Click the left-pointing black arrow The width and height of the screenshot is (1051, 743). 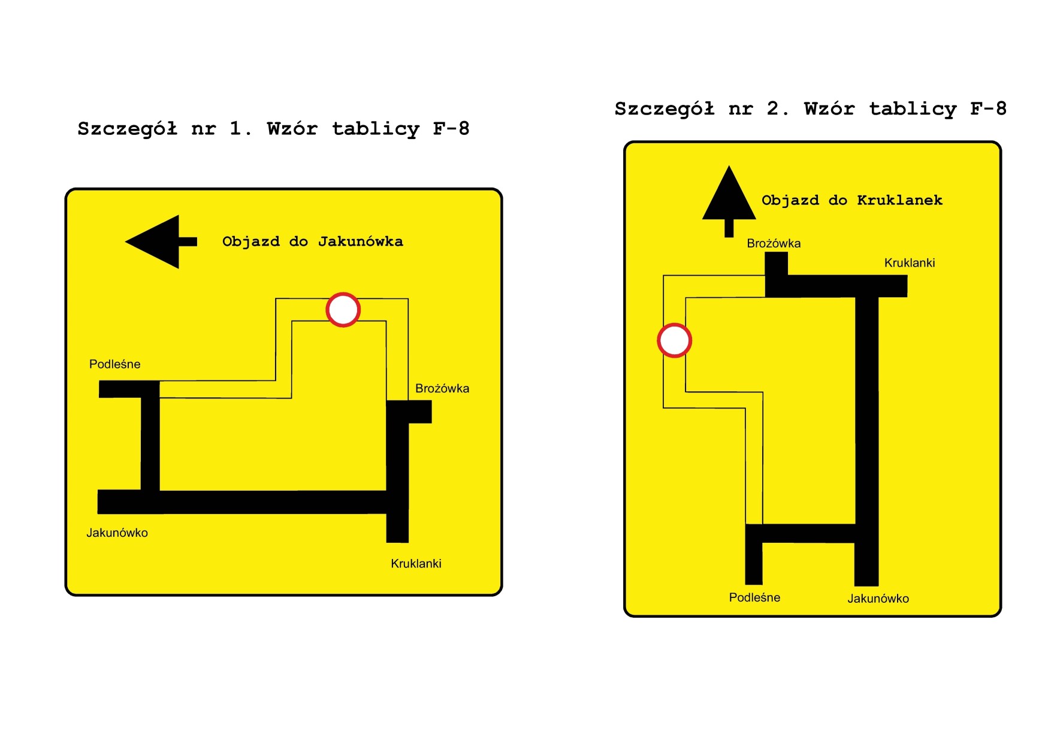pyautogui.click(x=157, y=241)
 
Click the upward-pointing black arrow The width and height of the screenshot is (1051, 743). pyautogui.click(x=729, y=198)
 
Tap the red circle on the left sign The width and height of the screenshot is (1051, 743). pyautogui.click(x=343, y=310)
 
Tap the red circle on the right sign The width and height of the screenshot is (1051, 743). pyautogui.click(x=674, y=340)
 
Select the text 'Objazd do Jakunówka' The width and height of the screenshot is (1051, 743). pyautogui.click(x=312, y=241)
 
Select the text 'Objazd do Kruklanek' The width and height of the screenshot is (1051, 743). pyautogui.click(x=851, y=200)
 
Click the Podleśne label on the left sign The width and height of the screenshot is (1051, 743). pyautogui.click(x=114, y=364)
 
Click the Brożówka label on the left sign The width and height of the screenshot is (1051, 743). pyautogui.click(x=442, y=388)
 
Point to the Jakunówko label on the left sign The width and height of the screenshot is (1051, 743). pyautogui.click(x=117, y=533)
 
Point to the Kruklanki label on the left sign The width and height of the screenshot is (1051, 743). pyautogui.click(x=416, y=563)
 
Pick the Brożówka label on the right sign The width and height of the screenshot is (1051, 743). pyautogui.click(x=774, y=243)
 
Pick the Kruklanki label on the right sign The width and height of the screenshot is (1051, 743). pyautogui.click(x=910, y=262)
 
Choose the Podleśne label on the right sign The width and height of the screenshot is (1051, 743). pyautogui.click(x=754, y=597)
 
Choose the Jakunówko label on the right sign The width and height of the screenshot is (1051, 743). pyautogui.click(x=878, y=598)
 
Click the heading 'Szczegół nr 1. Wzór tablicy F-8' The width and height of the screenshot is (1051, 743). pyautogui.click(x=273, y=129)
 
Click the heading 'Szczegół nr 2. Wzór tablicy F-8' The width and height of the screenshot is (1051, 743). pyautogui.click(x=810, y=109)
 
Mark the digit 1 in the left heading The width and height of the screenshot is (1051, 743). pyautogui.click(x=235, y=128)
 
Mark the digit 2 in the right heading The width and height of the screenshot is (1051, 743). pyautogui.click(x=773, y=108)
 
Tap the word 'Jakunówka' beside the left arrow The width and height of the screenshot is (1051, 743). pyautogui.click(x=360, y=241)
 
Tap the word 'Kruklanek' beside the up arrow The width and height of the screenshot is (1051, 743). pyautogui.click(x=899, y=200)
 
